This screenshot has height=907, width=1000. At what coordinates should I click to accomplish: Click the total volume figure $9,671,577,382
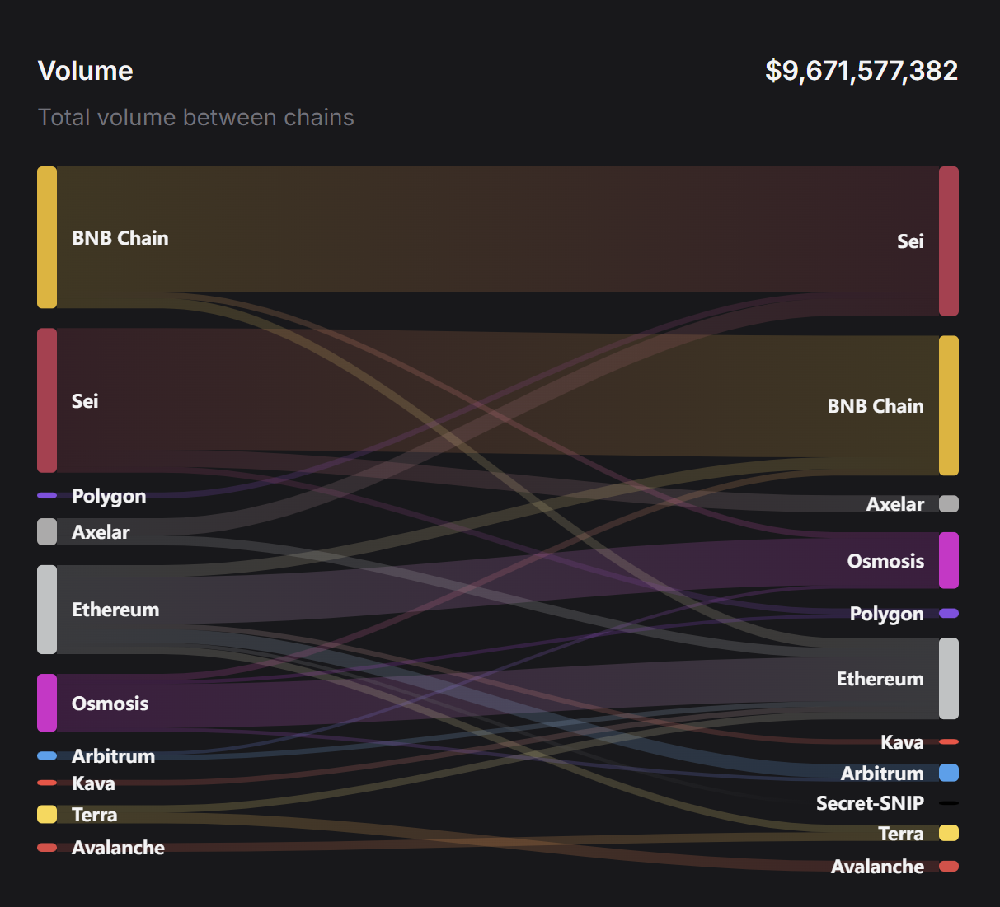click(x=861, y=71)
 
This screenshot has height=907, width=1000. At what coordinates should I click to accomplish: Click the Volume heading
click(x=85, y=71)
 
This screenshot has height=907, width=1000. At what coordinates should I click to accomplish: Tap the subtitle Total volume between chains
click(x=195, y=118)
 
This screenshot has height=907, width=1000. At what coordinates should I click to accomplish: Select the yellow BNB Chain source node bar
click(x=47, y=237)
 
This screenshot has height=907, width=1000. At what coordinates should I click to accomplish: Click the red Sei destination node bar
click(x=948, y=241)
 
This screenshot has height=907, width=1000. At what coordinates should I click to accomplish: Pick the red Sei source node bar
click(x=47, y=400)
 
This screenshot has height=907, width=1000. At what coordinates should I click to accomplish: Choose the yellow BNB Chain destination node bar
click(x=948, y=405)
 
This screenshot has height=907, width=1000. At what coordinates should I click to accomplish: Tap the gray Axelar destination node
click(x=948, y=504)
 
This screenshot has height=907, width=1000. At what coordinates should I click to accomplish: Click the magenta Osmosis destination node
click(x=948, y=560)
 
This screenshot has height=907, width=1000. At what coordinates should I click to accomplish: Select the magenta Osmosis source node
click(x=47, y=703)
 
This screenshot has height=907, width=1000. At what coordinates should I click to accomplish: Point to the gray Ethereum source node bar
click(x=47, y=610)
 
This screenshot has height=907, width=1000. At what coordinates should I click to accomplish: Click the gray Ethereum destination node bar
click(x=948, y=678)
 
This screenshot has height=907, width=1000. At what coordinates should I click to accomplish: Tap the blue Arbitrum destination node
click(x=948, y=773)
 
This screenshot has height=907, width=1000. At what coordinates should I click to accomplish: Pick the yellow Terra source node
click(x=47, y=814)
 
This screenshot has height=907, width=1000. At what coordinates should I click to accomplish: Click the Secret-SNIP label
click(x=870, y=803)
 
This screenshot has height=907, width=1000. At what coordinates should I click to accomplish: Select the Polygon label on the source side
click(x=109, y=496)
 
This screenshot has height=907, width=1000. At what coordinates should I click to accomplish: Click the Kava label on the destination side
click(x=902, y=742)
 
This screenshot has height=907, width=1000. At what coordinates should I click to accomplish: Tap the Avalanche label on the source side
click(x=118, y=848)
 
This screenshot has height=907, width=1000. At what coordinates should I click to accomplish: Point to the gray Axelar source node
click(x=47, y=531)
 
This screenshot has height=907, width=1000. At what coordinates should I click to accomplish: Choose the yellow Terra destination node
click(x=948, y=833)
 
